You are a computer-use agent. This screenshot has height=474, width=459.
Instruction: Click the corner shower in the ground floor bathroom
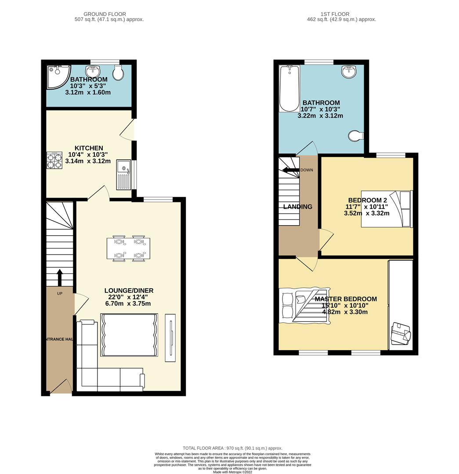point(57,74)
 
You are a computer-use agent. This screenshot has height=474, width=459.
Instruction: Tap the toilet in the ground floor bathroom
point(118,73)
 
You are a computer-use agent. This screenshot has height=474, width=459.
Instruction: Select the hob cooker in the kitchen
point(55,161)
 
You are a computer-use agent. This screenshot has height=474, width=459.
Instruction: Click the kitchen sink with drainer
point(123,173)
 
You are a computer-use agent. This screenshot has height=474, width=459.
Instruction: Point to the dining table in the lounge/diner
point(128,249)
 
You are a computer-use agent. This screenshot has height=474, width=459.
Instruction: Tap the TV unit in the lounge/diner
point(170,338)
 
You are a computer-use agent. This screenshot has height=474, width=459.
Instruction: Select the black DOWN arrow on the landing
point(291,170)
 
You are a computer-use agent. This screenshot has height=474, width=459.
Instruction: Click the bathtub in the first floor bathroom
point(289,88)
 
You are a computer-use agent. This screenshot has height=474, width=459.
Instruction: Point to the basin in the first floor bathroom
point(350,71)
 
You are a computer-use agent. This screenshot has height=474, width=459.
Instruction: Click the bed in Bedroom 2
point(387,209)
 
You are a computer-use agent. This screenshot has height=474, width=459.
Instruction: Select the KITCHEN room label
point(89,148)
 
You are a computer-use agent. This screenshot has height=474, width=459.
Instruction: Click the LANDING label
point(298,207)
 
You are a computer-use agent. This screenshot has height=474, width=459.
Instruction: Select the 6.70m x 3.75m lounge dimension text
point(128,303)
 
